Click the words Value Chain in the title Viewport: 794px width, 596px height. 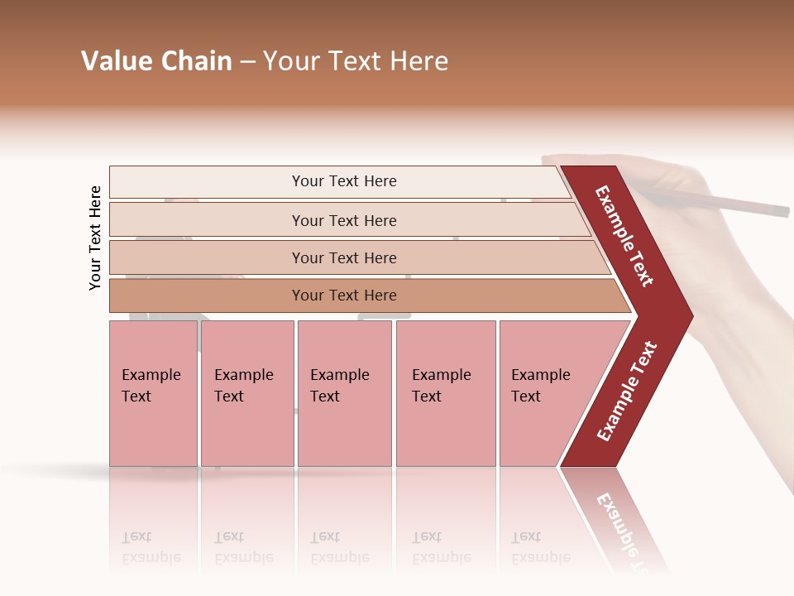coord(156,61)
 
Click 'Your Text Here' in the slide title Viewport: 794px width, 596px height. coord(356,61)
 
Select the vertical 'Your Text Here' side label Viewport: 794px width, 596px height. coord(95,238)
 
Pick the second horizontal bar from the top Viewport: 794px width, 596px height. coord(344,220)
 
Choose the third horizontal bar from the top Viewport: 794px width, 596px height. coord(344,257)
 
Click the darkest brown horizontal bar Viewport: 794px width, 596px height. coord(344,296)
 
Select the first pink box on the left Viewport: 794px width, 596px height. coord(153,393)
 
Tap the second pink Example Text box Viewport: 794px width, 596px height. coord(246,393)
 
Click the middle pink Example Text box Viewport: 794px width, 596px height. coord(344,393)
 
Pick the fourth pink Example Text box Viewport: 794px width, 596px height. coord(445,393)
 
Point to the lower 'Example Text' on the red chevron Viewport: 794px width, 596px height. coord(627,391)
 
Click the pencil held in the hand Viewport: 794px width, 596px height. coord(728,202)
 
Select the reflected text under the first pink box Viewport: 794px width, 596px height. coord(151,547)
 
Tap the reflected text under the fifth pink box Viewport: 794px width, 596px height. coord(540,547)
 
